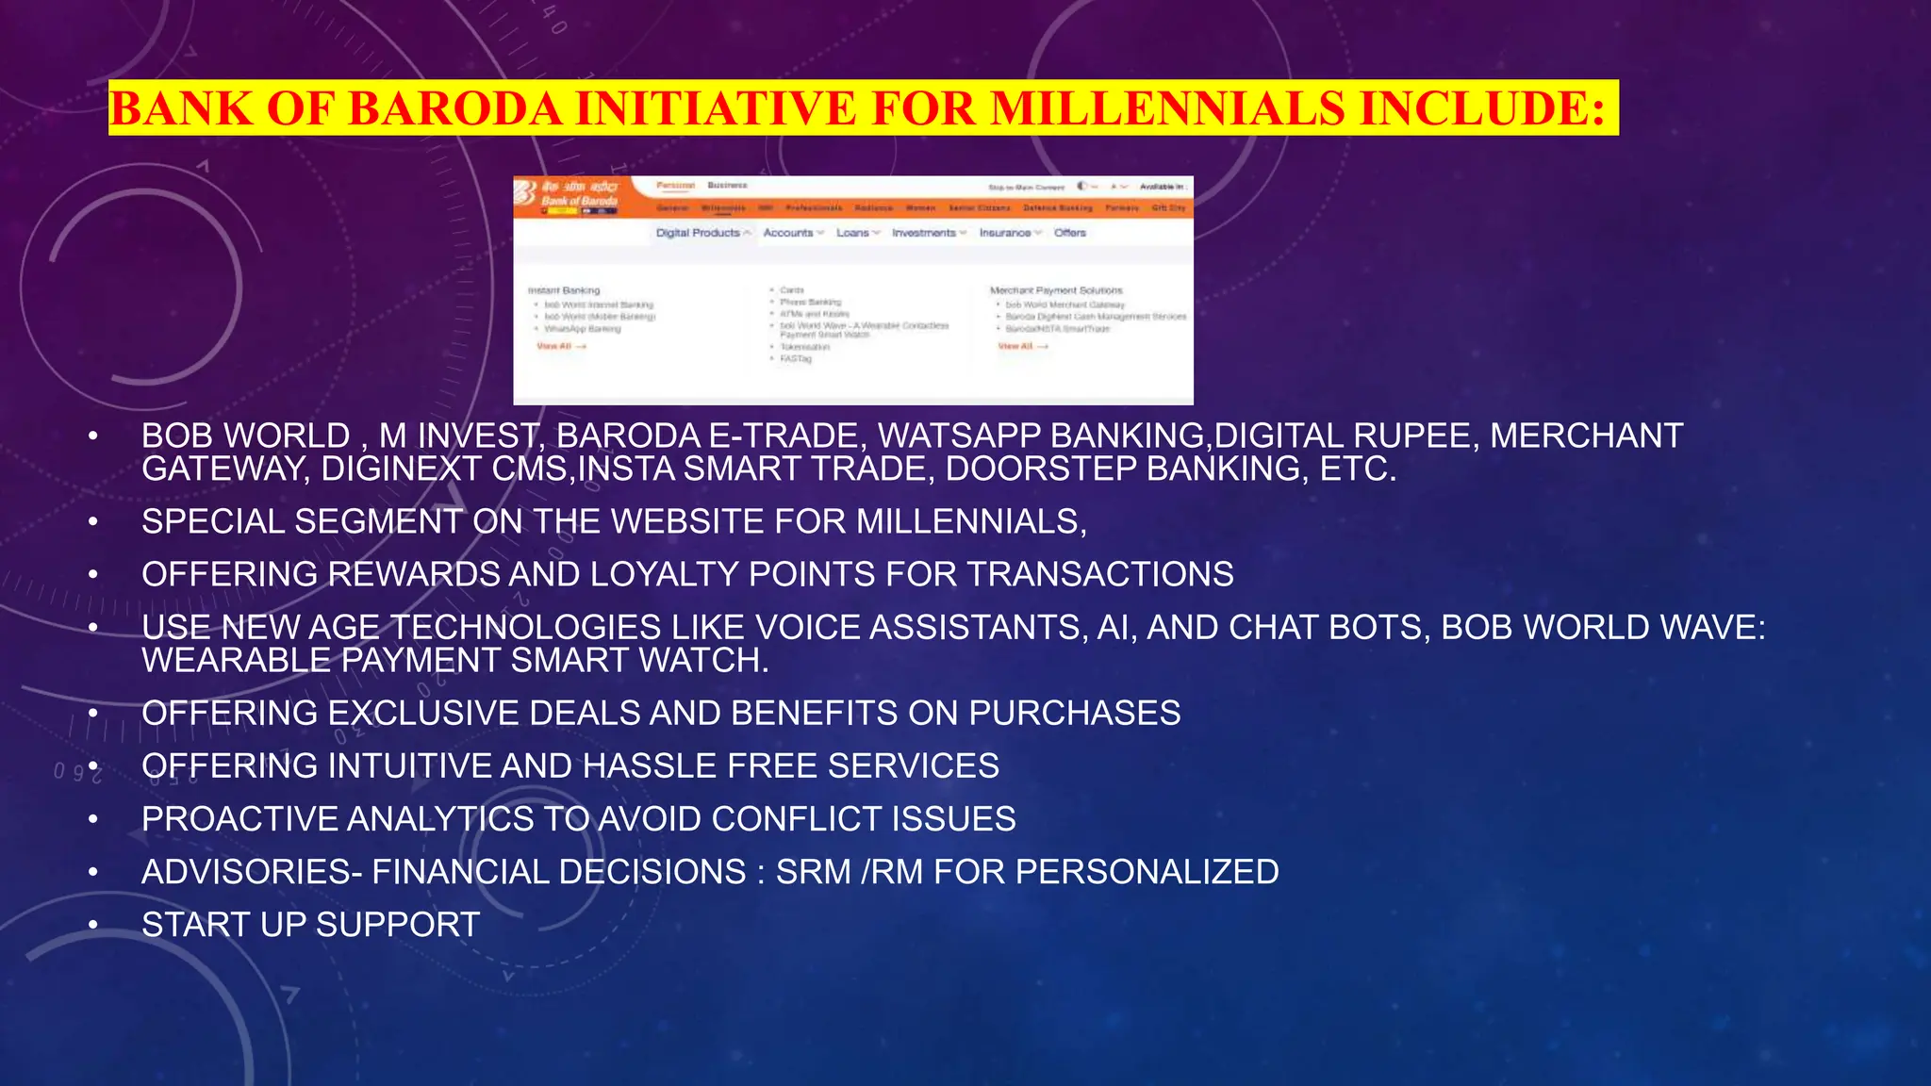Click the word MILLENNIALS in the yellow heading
coord(1166,107)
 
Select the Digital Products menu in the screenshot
coord(699,233)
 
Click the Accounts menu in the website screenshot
coord(788,233)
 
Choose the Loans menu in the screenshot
coord(853,233)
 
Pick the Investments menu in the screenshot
coord(924,233)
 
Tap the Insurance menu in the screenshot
coord(1005,233)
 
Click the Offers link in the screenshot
coord(1070,233)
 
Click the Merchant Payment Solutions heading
coord(1056,290)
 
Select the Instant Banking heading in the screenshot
coord(564,290)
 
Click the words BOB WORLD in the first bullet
coord(246,436)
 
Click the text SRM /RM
coord(850,872)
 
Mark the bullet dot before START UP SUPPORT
coord(93,925)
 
